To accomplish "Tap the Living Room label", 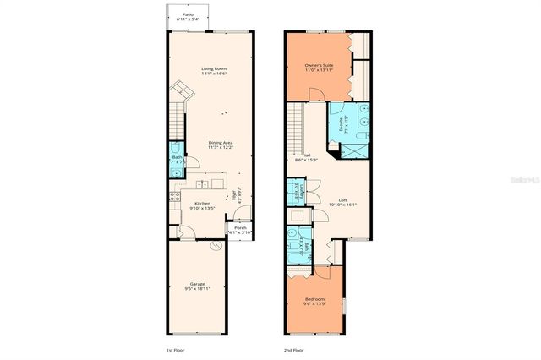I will pos(213,68).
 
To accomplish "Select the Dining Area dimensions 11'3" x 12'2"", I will pos(221,148).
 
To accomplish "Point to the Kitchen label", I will pos(202,204).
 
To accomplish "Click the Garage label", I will pos(196,284).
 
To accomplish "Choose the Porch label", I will pos(240,227).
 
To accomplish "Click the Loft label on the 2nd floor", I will pos(342,200).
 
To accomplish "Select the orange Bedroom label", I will pos(317,299).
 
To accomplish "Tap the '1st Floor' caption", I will pos(176,349).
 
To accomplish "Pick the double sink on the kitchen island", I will pos(203,183).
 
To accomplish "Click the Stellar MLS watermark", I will pos(522,180).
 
